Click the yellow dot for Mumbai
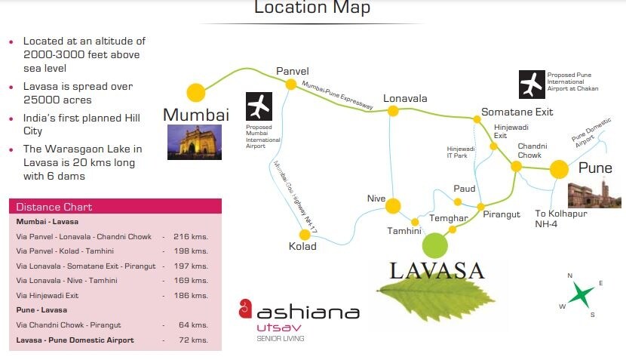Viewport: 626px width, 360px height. pos(196,92)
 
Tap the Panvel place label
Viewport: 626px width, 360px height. pos(293,71)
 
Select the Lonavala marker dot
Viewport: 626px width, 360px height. pos(393,111)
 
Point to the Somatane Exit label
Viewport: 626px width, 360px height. pos(517,112)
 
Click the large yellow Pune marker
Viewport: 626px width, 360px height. pos(559,169)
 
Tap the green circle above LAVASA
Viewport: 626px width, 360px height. pos(435,245)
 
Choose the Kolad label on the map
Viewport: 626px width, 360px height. pos(302,246)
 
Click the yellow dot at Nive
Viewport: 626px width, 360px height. pos(393,205)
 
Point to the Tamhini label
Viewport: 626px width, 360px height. pos(404,230)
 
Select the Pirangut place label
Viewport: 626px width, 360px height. pos(502,214)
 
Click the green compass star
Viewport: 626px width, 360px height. pos(580,294)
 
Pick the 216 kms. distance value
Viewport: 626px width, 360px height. pos(190,236)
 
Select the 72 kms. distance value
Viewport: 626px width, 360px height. pos(194,340)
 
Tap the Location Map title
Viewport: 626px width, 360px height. pos(312,9)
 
